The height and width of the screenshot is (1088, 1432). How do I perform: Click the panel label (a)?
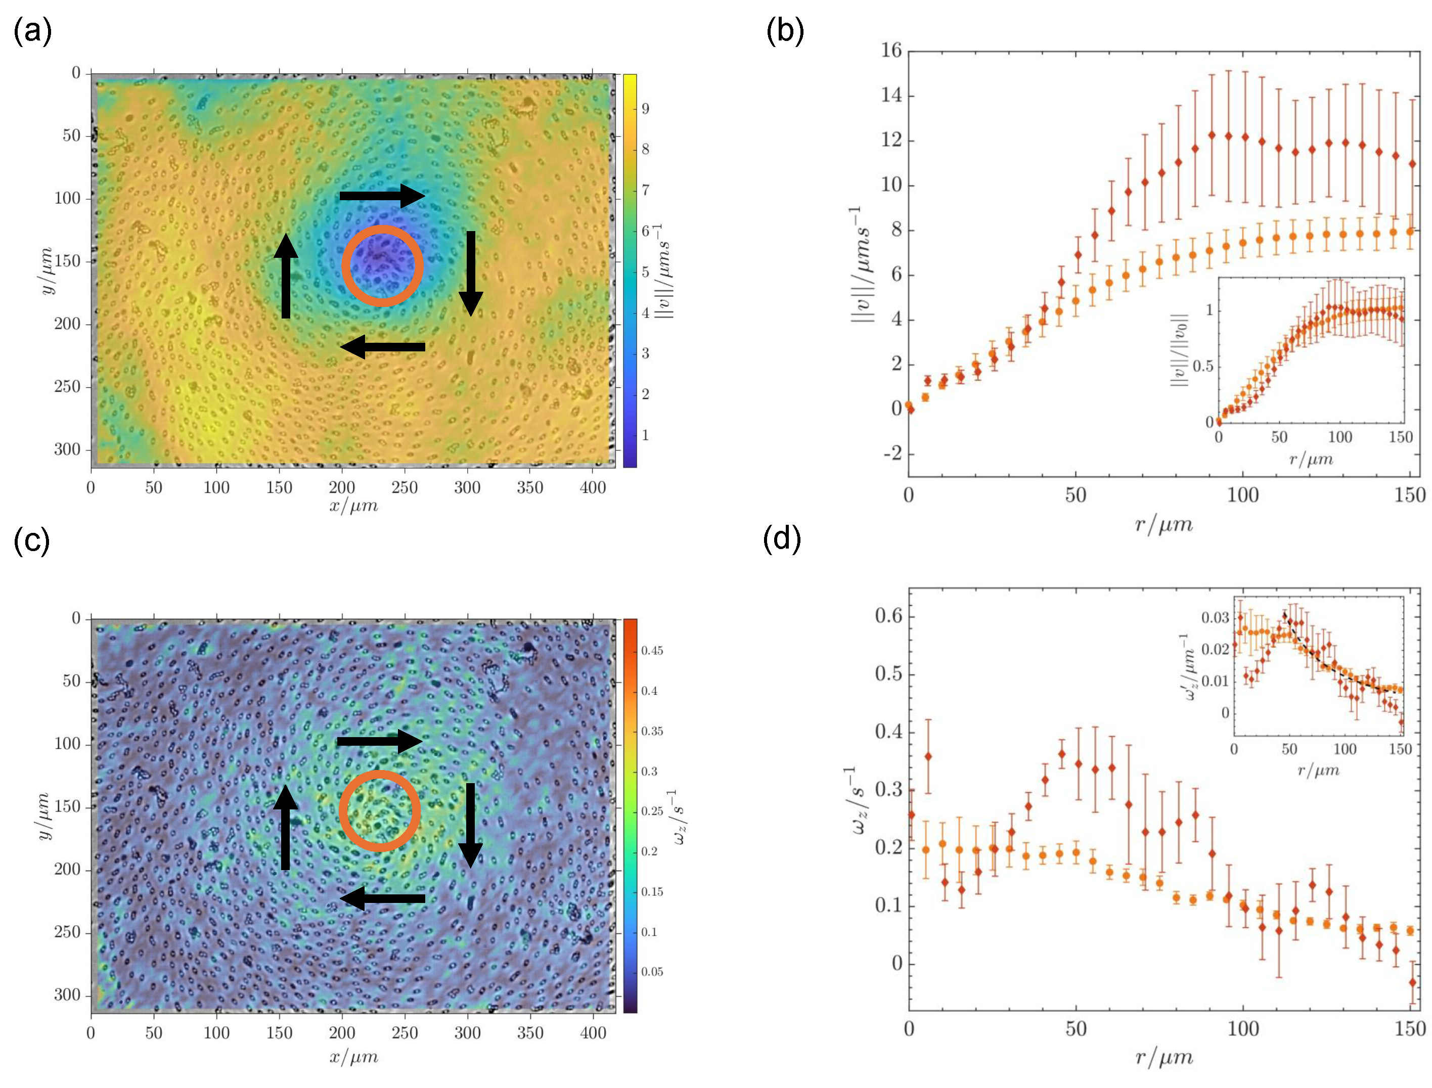(x=32, y=30)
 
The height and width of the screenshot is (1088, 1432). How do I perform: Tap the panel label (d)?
(x=782, y=539)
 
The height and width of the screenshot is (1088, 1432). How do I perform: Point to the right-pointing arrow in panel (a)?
(x=382, y=196)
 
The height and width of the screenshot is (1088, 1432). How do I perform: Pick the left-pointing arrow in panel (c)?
(x=382, y=898)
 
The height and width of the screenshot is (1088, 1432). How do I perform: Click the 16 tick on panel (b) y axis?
(x=891, y=51)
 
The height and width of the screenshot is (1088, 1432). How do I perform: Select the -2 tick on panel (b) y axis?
(x=892, y=454)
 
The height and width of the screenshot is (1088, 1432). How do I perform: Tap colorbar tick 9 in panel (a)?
(x=645, y=109)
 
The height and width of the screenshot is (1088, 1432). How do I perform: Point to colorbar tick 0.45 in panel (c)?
(x=652, y=651)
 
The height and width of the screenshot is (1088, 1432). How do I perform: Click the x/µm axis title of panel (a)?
(x=353, y=506)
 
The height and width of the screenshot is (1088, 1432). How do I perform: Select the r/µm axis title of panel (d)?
(x=1164, y=1058)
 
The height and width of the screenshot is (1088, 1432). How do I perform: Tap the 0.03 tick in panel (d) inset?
(x=1215, y=617)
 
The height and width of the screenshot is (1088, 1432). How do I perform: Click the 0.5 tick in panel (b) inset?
(x=1203, y=367)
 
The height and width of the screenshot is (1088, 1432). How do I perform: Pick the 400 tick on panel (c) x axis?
(x=593, y=1033)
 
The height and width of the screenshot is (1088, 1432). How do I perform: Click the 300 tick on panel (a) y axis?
(x=67, y=449)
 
